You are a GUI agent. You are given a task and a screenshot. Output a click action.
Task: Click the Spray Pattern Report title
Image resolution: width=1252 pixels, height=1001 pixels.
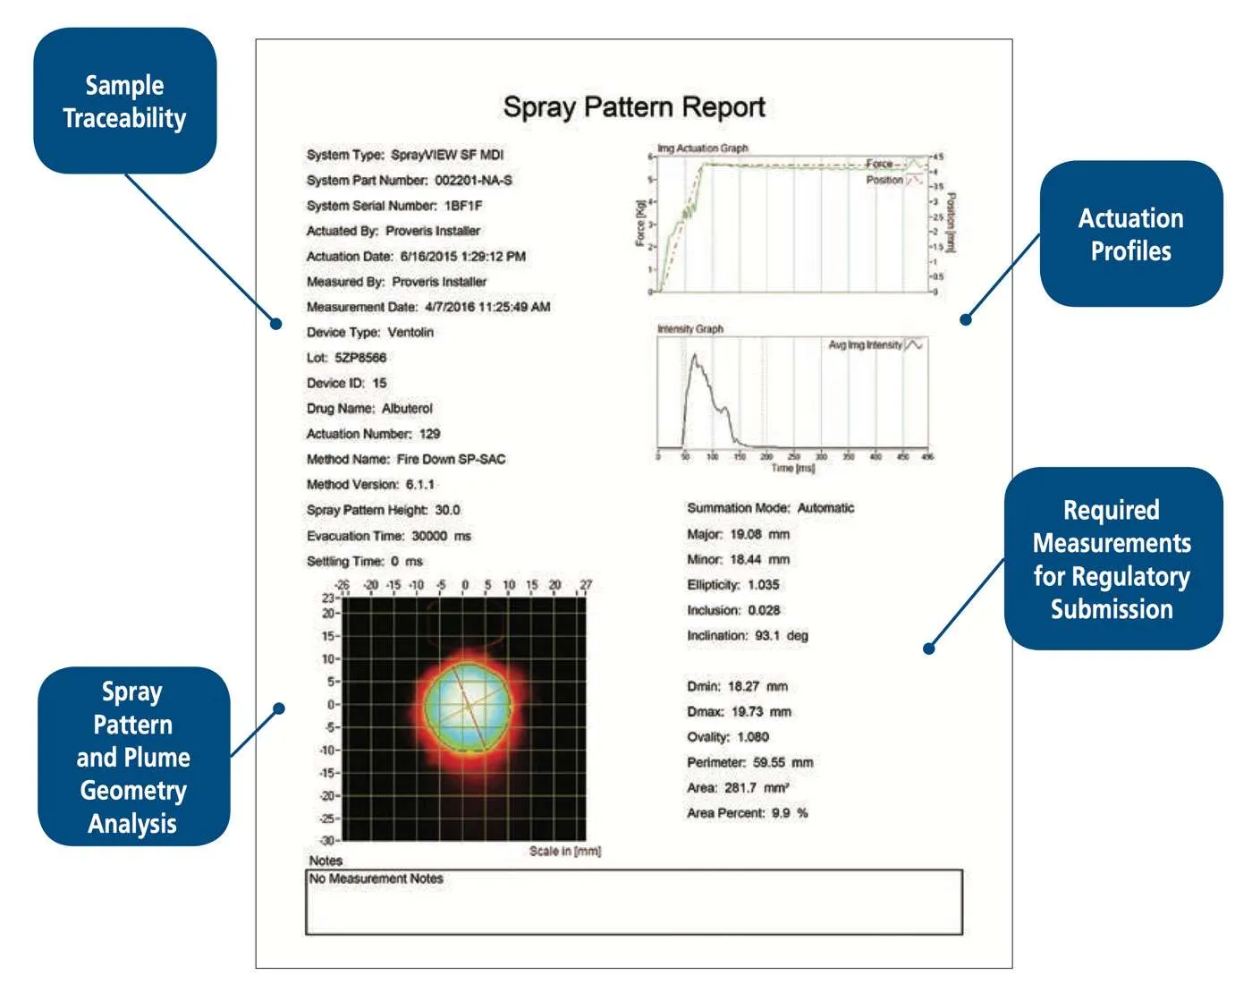pyautogui.click(x=633, y=107)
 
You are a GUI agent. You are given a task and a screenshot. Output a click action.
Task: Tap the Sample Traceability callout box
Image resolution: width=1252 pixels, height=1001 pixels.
pyautogui.click(x=125, y=101)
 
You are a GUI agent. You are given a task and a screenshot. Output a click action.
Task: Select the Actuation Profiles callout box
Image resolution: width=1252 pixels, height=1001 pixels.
pyautogui.click(x=1130, y=234)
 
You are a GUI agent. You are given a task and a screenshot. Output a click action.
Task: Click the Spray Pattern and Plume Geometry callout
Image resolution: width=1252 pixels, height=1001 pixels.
pyautogui.click(x=133, y=757)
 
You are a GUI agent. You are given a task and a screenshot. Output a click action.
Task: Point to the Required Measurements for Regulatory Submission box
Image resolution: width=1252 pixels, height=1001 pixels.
pyautogui.click(x=1112, y=559)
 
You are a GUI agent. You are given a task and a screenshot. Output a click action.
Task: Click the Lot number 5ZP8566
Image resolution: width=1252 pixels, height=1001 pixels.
pyautogui.click(x=360, y=358)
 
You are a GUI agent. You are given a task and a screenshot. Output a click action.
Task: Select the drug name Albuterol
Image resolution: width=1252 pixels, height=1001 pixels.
pyautogui.click(x=407, y=409)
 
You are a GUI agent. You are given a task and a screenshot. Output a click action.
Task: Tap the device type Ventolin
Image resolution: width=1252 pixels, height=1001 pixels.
pyautogui.click(x=410, y=333)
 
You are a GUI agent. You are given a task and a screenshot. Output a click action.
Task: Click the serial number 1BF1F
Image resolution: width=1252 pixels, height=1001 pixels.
pyautogui.click(x=463, y=206)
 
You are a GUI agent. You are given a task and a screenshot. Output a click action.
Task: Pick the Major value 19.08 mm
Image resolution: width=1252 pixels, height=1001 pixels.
pyautogui.click(x=759, y=534)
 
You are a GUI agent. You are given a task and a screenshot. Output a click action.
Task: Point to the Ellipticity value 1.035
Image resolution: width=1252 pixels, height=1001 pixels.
pyautogui.click(x=763, y=585)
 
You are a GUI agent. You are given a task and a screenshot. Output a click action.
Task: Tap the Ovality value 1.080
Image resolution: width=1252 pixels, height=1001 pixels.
pyautogui.click(x=753, y=737)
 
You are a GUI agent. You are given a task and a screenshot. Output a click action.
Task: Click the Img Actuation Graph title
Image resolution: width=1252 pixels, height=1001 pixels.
pyautogui.click(x=703, y=148)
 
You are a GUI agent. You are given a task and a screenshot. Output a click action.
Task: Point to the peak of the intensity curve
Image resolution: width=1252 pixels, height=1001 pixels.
pyautogui.click(x=695, y=356)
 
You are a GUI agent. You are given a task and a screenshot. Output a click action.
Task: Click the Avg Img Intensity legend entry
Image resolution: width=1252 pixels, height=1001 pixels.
pyautogui.click(x=866, y=345)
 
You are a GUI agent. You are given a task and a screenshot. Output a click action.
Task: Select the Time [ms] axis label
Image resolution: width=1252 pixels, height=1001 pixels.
pyautogui.click(x=792, y=468)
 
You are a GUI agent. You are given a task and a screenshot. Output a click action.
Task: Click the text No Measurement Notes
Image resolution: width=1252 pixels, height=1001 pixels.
pyautogui.click(x=376, y=878)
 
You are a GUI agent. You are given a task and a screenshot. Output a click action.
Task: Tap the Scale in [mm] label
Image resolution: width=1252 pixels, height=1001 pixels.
pyautogui.click(x=564, y=851)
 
